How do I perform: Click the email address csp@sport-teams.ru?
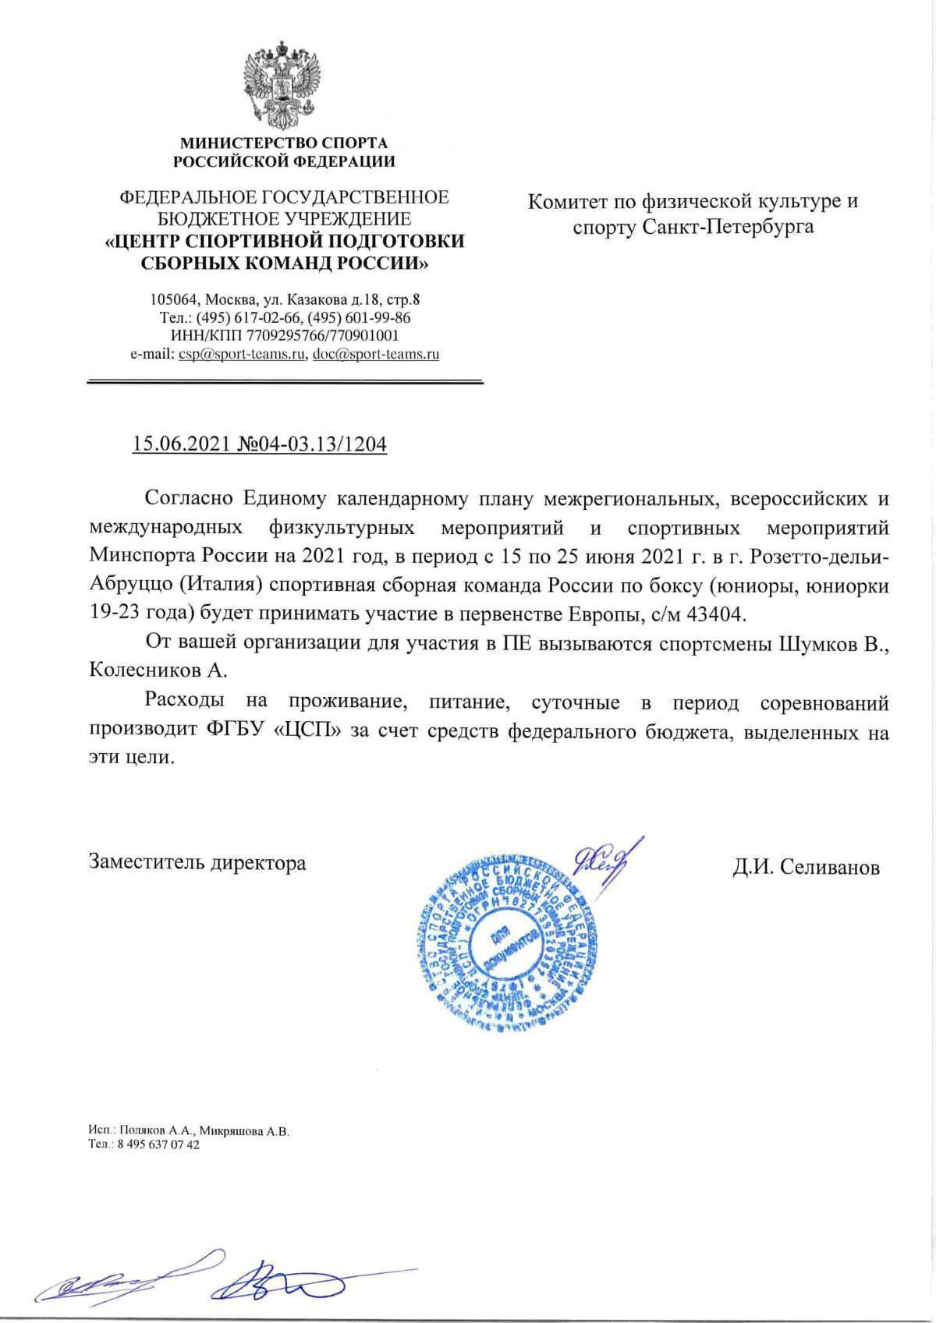point(241,354)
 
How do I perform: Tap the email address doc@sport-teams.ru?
point(375,354)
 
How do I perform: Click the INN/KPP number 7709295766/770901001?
point(323,336)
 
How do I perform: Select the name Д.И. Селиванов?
point(806,867)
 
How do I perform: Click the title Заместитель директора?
point(197,862)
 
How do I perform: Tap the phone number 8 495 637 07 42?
point(155,1145)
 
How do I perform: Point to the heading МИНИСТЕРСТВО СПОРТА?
point(284,143)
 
